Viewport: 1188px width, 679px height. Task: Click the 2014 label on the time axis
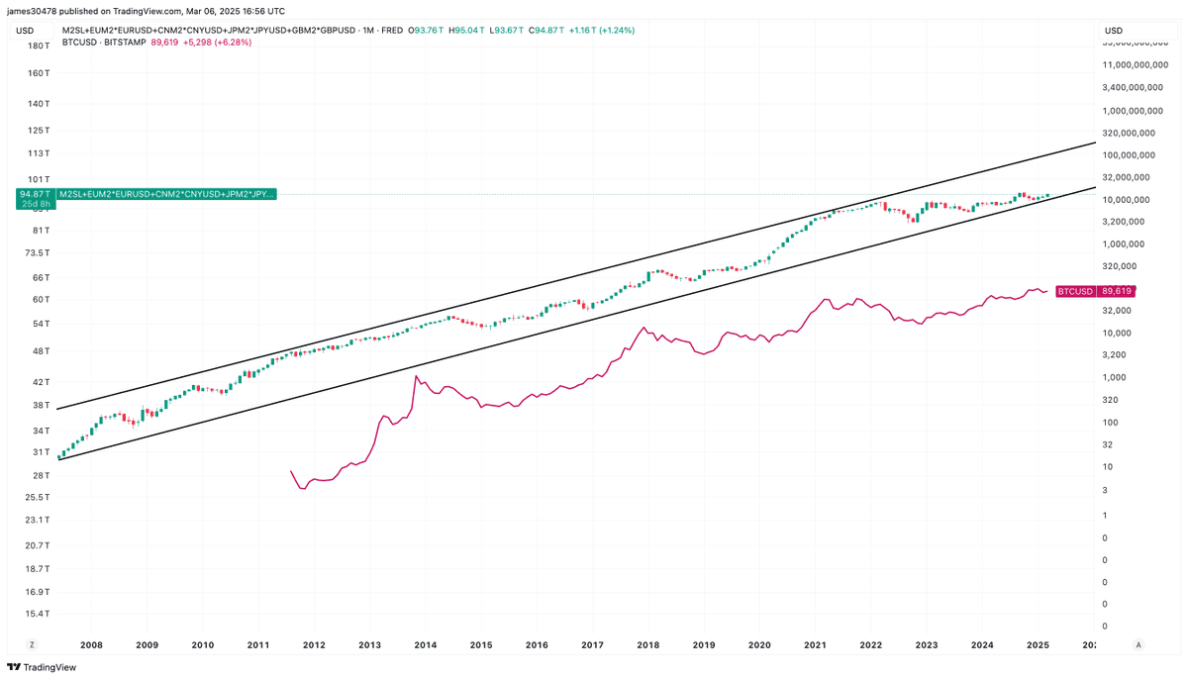pyautogui.click(x=426, y=645)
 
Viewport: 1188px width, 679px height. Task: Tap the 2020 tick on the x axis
pyautogui.click(x=759, y=645)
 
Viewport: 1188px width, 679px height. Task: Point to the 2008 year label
pyautogui.click(x=91, y=645)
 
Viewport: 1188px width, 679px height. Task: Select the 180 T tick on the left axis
pyautogui.click(x=39, y=46)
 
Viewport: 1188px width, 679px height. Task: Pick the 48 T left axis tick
pyautogui.click(x=41, y=351)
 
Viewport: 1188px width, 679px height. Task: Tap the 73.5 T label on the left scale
pyautogui.click(x=37, y=253)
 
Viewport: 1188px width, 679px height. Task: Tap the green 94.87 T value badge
pyautogui.click(x=36, y=194)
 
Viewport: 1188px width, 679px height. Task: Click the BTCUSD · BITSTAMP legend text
pyautogui.click(x=103, y=43)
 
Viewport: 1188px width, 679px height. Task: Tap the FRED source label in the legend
pyautogui.click(x=392, y=30)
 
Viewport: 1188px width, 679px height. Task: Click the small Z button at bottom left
pyautogui.click(x=32, y=644)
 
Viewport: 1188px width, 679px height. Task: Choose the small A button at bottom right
pyautogui.click(x=1138, y=644)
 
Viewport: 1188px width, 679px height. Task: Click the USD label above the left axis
pyautogui.click(x=26, y=31)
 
